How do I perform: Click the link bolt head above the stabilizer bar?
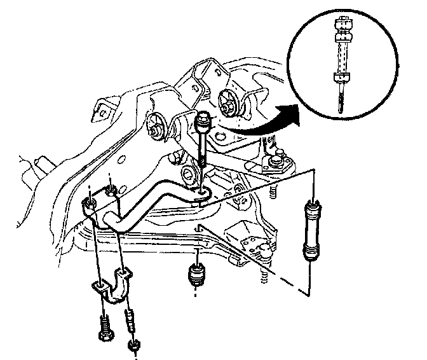pyautogui.click(x=204, y=119)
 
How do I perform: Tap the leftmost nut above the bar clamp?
pyautogui.click(x=89, y=204)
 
